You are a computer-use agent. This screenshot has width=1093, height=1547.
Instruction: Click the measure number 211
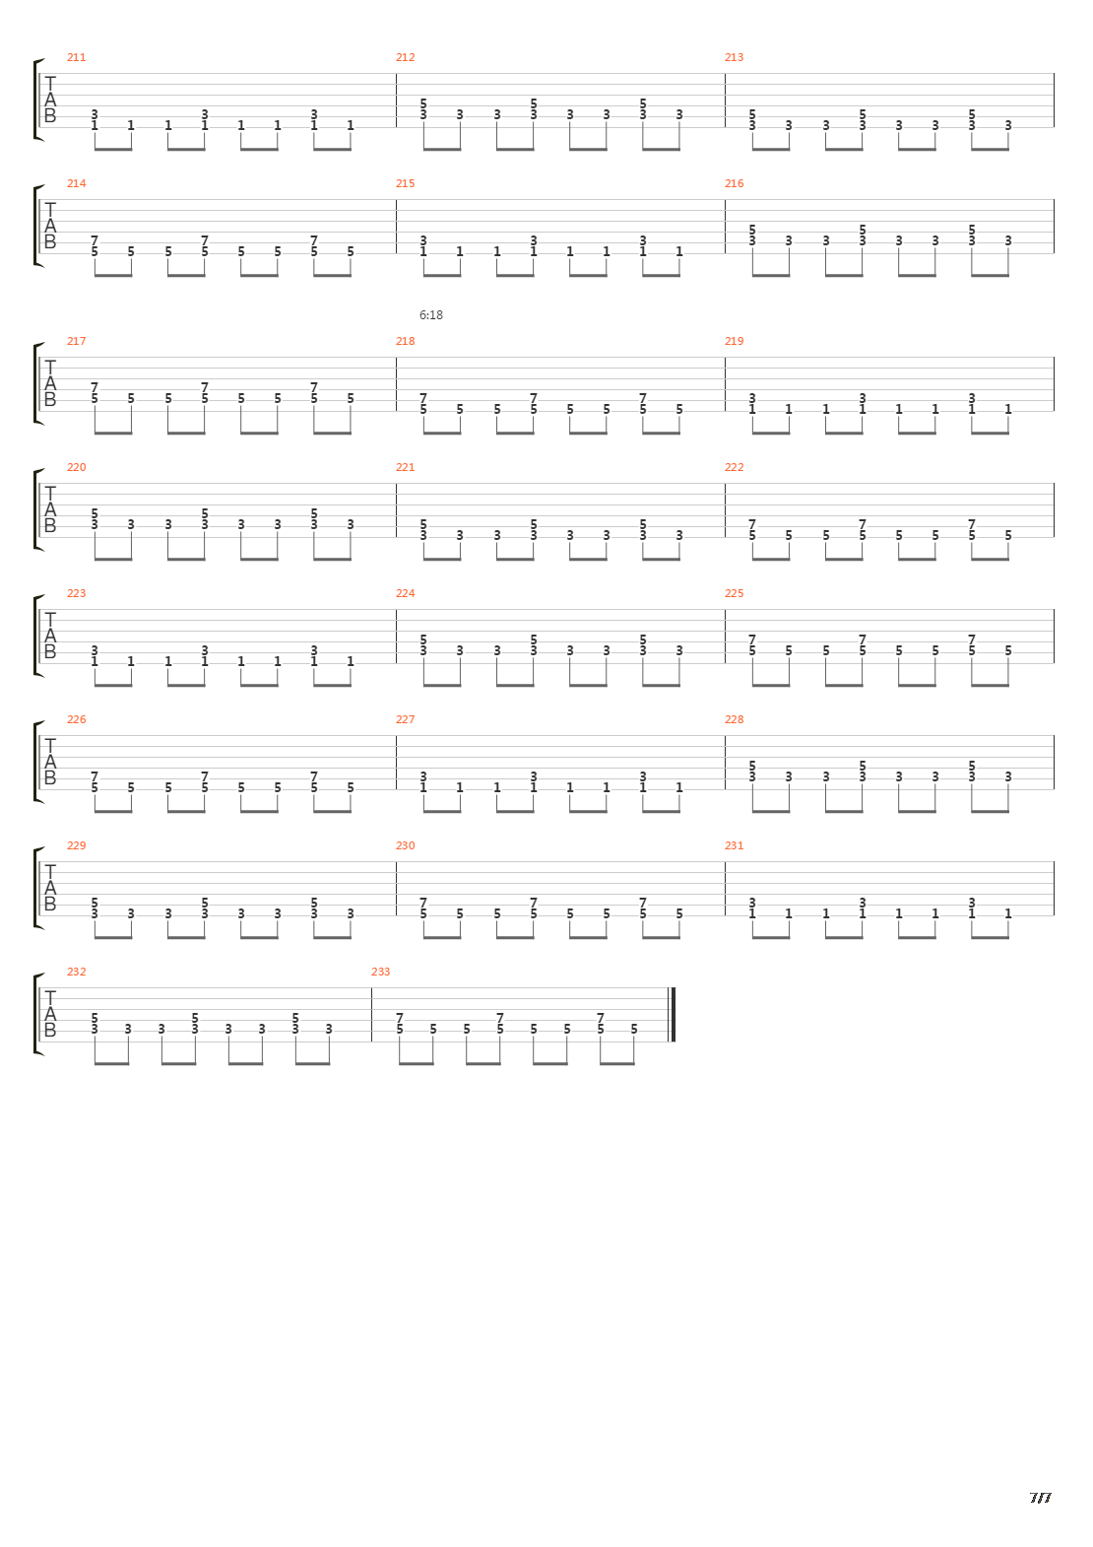pyautogui.click(x=76, y=57)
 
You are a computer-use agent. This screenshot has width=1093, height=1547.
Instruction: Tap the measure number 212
pyautogui.click(x=405, y=57)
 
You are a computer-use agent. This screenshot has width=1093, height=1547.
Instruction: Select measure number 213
pyautogui.click(x=734, y=57)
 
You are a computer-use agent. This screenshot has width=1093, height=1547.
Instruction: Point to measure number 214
pyautogui.click(x=76, y=183)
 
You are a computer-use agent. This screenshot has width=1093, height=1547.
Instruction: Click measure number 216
pyautogui.click(x=734, y=183)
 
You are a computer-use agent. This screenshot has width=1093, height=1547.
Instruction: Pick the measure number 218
pyautogui.click(x=405, y=341)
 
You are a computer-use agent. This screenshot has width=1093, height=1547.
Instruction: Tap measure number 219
pyautogui.click(x=734, y=341)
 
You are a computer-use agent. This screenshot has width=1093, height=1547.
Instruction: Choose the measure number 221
pyautogui.click(x=405, y=467)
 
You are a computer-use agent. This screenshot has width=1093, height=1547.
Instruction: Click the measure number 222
pyautogui.click(x=734, y=467)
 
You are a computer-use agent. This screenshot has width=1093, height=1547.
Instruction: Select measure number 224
pyautogui.click(x=405, y=593)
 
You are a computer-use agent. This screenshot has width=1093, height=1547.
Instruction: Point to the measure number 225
pyautogui.click(x=734, y=593)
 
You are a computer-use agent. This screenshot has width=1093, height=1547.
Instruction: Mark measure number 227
pyautogui.click(x=405, y=719)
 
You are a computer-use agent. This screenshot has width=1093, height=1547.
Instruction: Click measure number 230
pyautogui.click(x=405, y=845)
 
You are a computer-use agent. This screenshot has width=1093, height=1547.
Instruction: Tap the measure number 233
pyautogui.click(x=380, y=972)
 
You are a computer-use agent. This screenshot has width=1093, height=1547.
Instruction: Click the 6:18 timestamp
pyautogui.click(x=430, y=315)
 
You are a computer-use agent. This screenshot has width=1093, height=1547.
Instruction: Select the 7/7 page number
pyautogui.click(x=1040, y=1498)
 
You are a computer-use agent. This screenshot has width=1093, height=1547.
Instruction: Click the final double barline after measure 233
pyautogui.click(x=672, y=1015)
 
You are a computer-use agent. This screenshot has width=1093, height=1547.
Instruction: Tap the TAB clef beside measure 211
pyautogui.click(x=50, y=101)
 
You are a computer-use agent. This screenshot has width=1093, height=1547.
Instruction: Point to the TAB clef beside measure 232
pyautogui.click(x=50, y=1015)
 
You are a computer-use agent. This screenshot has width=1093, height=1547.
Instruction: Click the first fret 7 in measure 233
pyautogui.click(x=400, y=1018)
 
